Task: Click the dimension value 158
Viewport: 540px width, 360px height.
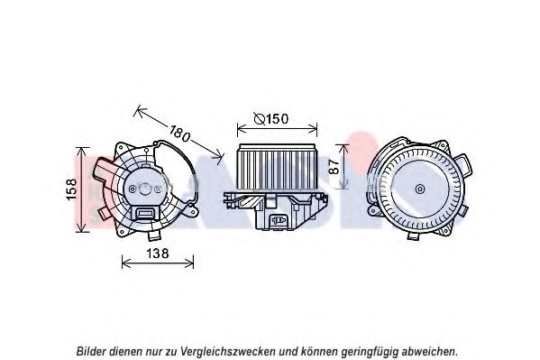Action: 71,189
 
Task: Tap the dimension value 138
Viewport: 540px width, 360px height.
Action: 158,254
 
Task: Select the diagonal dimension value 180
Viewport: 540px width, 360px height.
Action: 179,134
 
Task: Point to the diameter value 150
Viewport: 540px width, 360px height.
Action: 278,119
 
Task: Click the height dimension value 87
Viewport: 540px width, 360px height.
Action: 334,166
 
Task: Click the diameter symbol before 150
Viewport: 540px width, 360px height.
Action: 260,119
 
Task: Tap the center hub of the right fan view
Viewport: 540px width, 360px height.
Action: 419,189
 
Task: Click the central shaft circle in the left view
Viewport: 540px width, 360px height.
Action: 145,189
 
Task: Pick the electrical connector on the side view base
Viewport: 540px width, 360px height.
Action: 278,220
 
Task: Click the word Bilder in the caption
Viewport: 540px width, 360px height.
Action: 91,351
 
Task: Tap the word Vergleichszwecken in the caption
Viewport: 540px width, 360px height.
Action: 228,352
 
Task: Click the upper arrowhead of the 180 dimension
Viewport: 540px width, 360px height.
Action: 139,110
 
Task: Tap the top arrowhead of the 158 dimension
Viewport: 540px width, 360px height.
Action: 82,151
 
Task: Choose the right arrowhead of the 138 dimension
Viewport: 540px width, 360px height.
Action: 190,263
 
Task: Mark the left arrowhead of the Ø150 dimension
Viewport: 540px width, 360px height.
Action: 241,130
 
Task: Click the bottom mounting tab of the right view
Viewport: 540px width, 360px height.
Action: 414,235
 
